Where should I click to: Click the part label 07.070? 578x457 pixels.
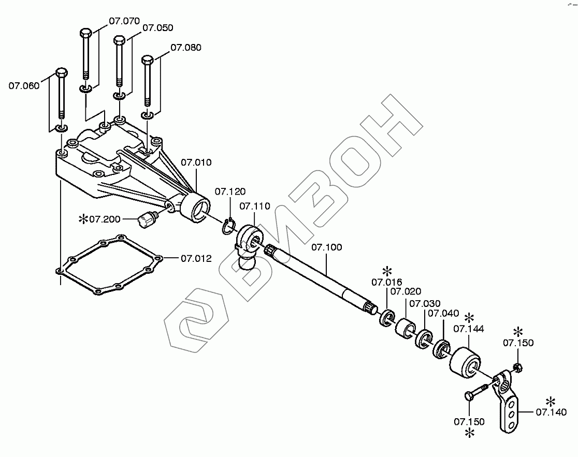(124, 22)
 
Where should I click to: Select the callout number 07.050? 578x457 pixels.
(157, 28)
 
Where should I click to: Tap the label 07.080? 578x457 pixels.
(186, 48)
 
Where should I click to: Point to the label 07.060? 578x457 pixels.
(24, 85)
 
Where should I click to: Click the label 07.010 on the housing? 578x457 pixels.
(196, 163)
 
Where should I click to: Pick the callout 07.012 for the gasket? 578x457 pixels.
(196, 258)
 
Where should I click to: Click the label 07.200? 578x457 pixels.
(105, 219)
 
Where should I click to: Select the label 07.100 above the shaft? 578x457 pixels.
(326, 247)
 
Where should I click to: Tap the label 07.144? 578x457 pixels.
(468, 328)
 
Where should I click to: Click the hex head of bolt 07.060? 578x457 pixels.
(61, 72)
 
